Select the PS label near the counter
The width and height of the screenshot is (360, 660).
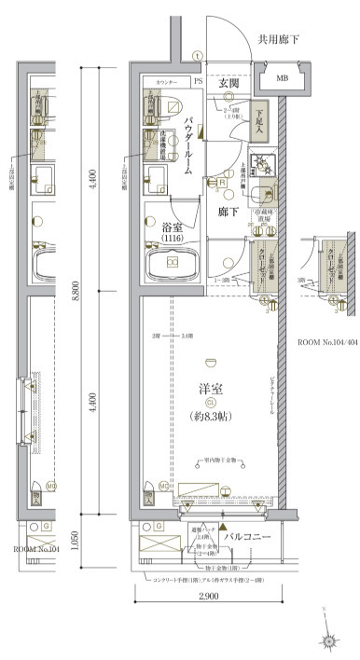(198, 82)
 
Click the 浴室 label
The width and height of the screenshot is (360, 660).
(172, 227)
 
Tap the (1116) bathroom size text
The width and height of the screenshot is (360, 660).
(172, 240)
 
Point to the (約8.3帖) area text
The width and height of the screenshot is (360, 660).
(210, 416)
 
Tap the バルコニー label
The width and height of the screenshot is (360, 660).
(246, 538)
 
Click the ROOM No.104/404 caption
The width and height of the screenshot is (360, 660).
(327, 343)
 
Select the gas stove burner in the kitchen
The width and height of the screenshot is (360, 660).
(265, 169)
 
